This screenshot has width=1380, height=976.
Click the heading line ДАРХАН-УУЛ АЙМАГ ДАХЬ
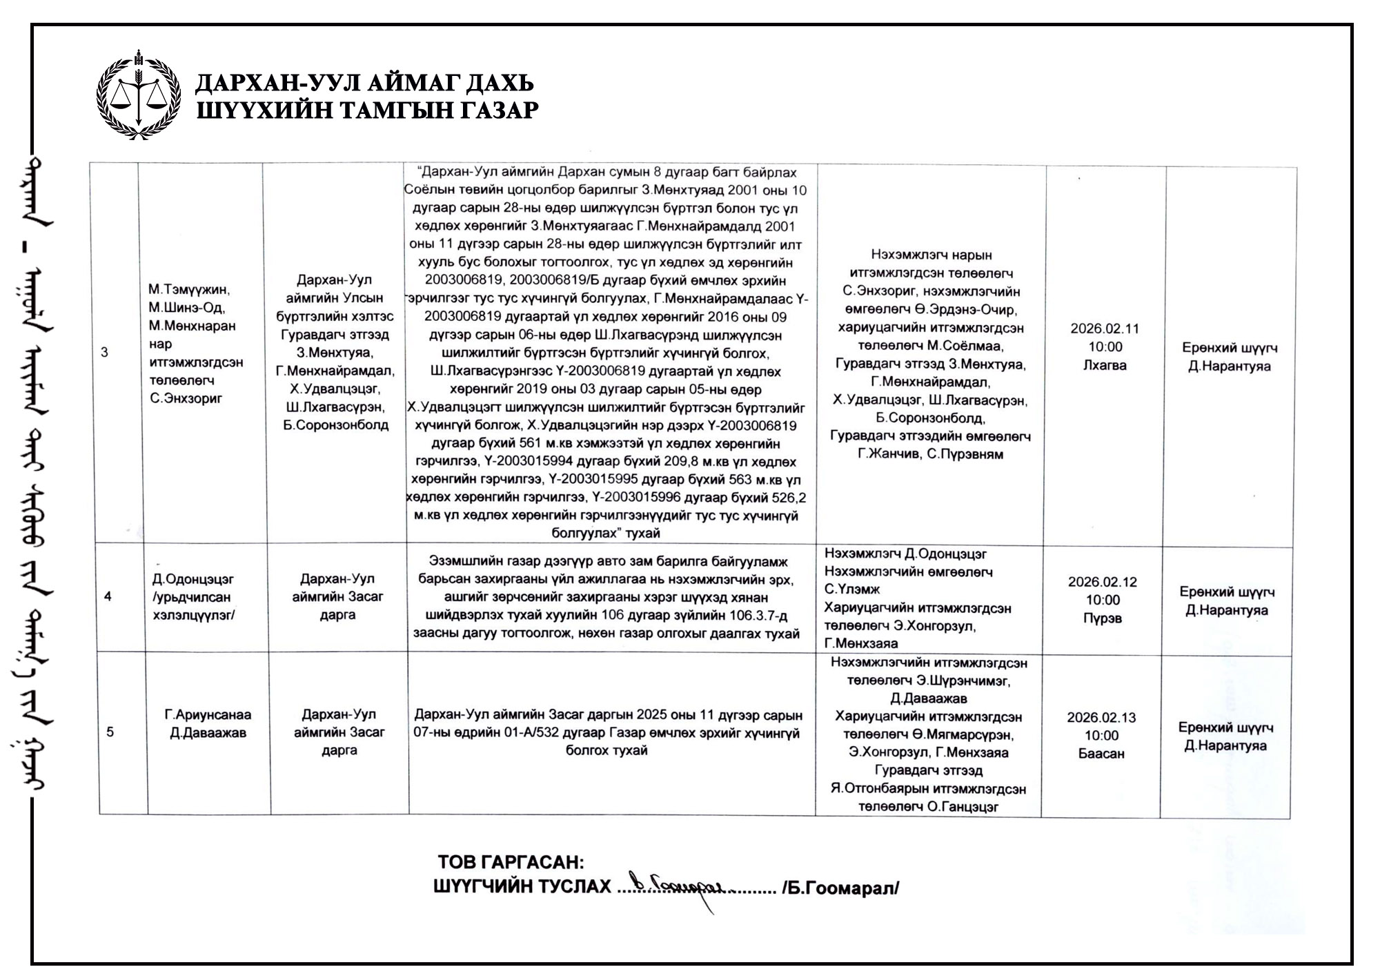[364, 84]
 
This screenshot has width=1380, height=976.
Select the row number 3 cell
[105, 353]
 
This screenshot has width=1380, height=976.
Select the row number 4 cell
[108, 596]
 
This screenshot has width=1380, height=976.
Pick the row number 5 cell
[110, 732]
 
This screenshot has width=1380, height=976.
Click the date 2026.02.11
[1105, 329]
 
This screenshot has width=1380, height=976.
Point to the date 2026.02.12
[1103, 582]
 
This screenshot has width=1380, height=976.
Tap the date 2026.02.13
[1101, 717]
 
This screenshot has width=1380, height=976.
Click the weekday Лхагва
[1105, 365]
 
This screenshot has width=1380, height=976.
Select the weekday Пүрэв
[1103, 618]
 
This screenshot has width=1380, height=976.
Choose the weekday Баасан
[1101, 754]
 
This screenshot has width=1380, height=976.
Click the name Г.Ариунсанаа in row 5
[208, 714]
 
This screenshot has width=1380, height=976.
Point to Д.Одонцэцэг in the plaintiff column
[193, 579]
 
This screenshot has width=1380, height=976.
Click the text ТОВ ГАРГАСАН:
[511, 863]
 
